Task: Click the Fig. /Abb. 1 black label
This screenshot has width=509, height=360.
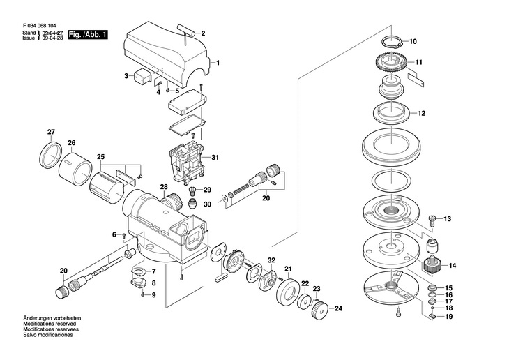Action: tap(87, 35)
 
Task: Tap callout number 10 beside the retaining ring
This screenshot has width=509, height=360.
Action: tap(413, 42)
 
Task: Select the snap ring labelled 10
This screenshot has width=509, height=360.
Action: tap(393, 43)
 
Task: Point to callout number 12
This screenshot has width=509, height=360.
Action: tap(421, 114)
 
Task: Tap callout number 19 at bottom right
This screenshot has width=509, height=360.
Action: tap(448, 317)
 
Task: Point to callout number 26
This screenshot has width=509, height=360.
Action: tap(71, 142)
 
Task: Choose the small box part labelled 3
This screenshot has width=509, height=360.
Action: tap(142, 77)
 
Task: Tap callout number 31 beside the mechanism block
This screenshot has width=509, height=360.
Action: tap(215, 158)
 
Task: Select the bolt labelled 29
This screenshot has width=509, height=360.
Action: tap(192, 190)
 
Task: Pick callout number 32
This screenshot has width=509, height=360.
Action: tap(271, 260)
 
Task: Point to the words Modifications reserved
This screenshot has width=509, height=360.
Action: tap(50, 324)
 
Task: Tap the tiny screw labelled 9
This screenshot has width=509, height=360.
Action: tap(142, 294)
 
